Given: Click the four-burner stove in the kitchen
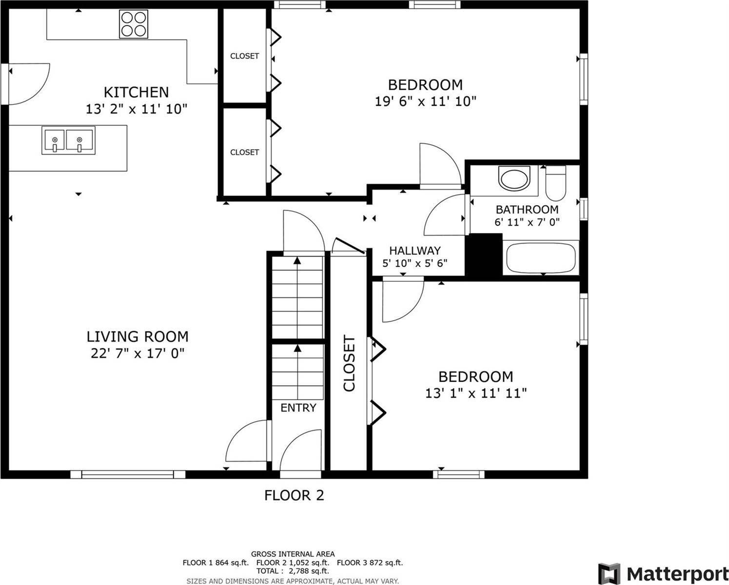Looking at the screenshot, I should (x=134, y=24).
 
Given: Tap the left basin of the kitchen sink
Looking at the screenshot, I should (x=54, y=140).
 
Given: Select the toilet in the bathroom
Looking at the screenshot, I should (x=555, y=183).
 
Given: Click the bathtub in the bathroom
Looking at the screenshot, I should (x=541, y=257).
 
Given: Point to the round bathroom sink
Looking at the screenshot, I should (x=514, y=179).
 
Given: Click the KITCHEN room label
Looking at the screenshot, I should (x=137, y=92).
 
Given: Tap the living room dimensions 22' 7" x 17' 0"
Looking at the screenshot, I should (x=138, y=353).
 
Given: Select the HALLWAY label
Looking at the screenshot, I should (x=415, y=251).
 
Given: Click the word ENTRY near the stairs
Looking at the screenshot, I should (x=298, y=408).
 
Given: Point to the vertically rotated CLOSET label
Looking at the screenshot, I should (x=349, y=363).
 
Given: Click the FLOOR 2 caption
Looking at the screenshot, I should (x=294, y=496).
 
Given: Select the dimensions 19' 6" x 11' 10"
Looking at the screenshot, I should (x=425, y=101).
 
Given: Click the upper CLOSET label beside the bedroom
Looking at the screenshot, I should (x=244, y=56).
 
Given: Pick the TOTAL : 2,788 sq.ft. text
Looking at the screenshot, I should (x=293, y=571).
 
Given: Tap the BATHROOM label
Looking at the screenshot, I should (x=527, y=210).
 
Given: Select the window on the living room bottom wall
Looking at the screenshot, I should (x=128, y=474).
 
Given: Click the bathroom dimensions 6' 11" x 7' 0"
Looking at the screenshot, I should (x=527, y=222).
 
